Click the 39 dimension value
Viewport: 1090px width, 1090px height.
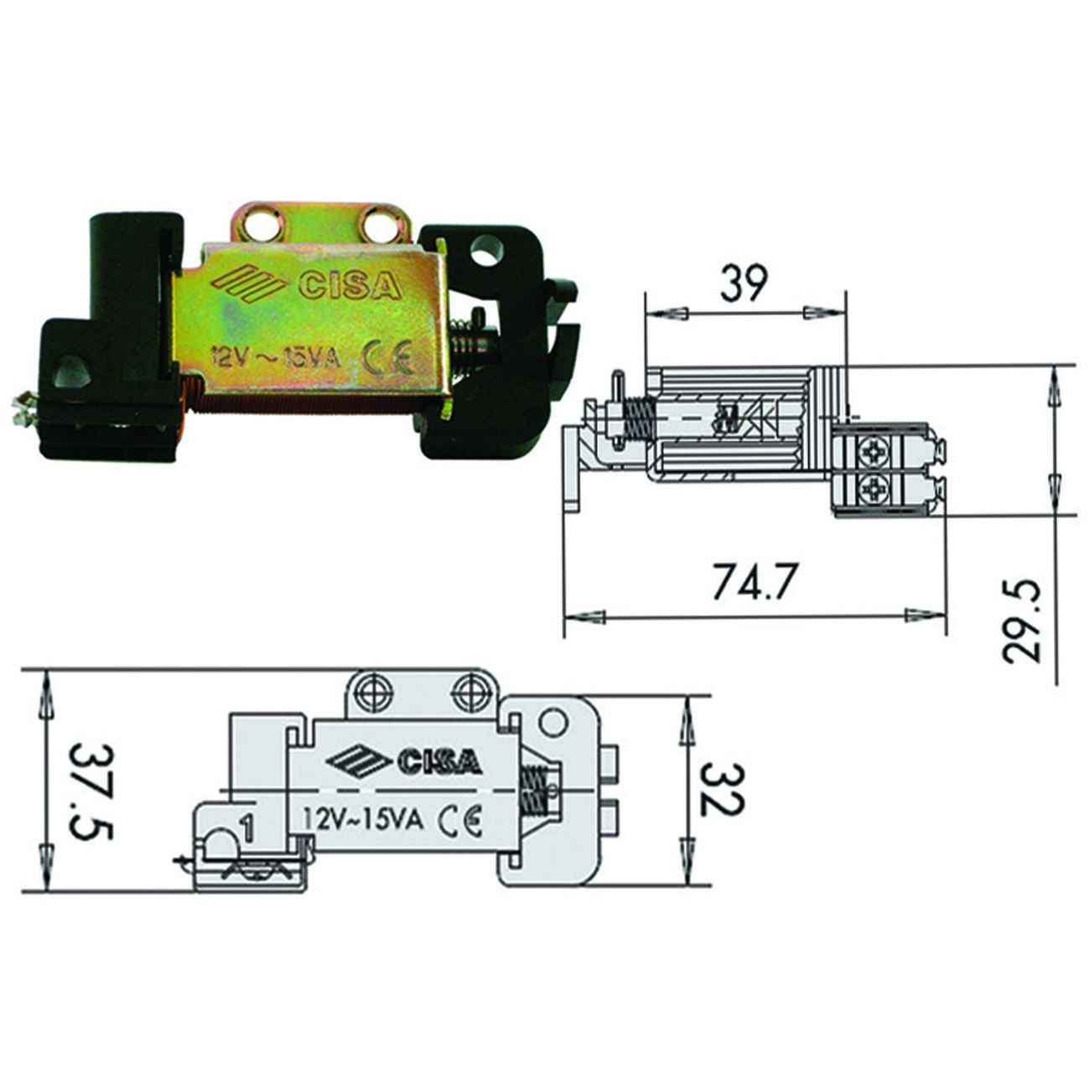pyautogui.click(x=745, y=284)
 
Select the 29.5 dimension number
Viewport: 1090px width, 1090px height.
pyautogui.click(x=1019, y=621)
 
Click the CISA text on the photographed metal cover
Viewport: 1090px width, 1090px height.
pyautogui.click(x=349, y=286)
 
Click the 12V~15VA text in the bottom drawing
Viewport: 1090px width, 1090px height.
pyautogui.click(x=364, y=820)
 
